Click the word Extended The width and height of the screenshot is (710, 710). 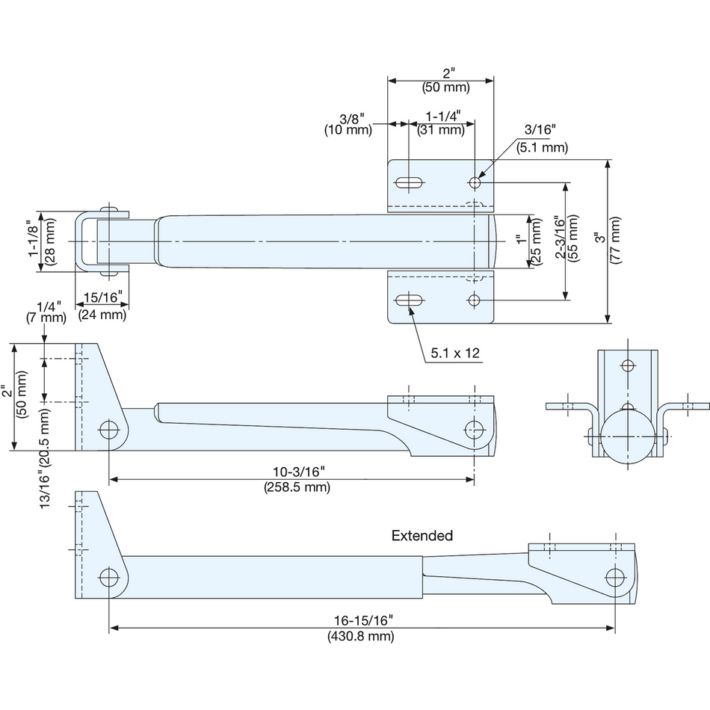[422, 536]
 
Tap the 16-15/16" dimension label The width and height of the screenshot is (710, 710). [363, 620]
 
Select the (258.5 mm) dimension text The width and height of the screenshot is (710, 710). [297, 487]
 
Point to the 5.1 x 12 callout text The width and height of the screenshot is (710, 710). [455, 354]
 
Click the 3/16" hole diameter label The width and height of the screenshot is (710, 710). [540, 129]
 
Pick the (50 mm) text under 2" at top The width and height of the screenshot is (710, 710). [446, 87]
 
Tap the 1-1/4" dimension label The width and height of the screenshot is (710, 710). [443, 116]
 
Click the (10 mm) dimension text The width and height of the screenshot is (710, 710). [348, 130]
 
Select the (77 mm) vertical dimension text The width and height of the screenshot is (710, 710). [615, 240]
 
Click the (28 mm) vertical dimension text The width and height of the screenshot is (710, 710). [49, 241]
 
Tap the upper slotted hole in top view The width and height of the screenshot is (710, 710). [410, 183]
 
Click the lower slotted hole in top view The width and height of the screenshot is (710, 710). [410, 300]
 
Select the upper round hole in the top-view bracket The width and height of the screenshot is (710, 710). [475, 183]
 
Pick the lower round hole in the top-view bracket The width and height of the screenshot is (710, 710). [474, 300]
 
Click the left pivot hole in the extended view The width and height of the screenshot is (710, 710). [108, 577]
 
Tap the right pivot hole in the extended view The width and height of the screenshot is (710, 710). [615, 577]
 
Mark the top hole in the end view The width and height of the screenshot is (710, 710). [628, 365]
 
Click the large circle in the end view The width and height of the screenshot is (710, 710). [628, 436]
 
